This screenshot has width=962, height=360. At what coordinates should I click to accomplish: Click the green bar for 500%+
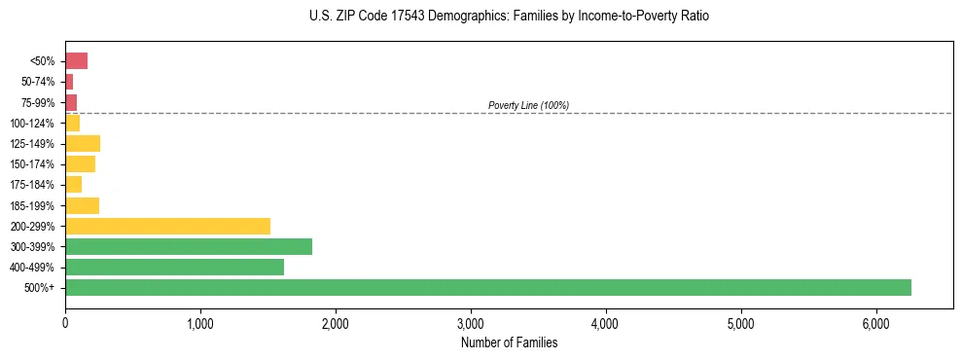click(x=487, y=287)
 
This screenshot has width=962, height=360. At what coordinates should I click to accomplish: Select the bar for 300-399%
click(x=189, y=246)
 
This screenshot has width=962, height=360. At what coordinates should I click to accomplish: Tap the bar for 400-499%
click(x=174, y=267)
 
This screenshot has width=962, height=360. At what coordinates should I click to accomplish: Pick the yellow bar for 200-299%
click(x=167, y=226)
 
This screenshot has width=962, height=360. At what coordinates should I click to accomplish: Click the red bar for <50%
click(x=76, y=61)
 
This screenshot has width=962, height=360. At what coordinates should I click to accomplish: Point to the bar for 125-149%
click(x=83, y=144)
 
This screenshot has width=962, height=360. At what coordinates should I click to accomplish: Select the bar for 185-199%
click(x=82, y=205)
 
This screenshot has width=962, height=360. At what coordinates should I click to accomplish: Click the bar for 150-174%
click(x=80, y=164)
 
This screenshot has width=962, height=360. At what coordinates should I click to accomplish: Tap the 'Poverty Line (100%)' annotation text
click(x=528, y=105)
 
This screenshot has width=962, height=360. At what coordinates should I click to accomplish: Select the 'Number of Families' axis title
click(x=509, y=342)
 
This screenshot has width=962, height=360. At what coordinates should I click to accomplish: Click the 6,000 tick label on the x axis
click(x=876, y=322)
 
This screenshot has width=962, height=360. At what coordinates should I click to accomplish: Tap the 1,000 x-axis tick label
click(x=200, y=322)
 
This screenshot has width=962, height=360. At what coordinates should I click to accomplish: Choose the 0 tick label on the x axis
click(x=65, y=322)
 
